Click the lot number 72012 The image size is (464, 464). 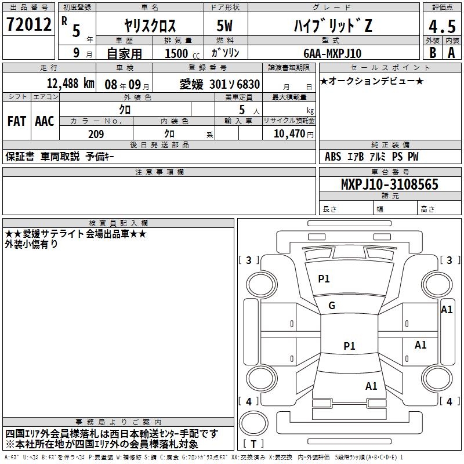point(28,24)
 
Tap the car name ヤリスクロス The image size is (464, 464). point(150,26)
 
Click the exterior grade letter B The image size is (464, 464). point(432,53)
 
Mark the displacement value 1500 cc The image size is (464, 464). point(177,53)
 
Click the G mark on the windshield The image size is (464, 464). point(331,306)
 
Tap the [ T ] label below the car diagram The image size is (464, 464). point(253,444)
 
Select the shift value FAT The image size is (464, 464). point(16,121)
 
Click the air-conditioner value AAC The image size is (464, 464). point(44,121)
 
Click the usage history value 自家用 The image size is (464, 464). point(124,53)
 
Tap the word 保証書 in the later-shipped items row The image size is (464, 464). point(20,157)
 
